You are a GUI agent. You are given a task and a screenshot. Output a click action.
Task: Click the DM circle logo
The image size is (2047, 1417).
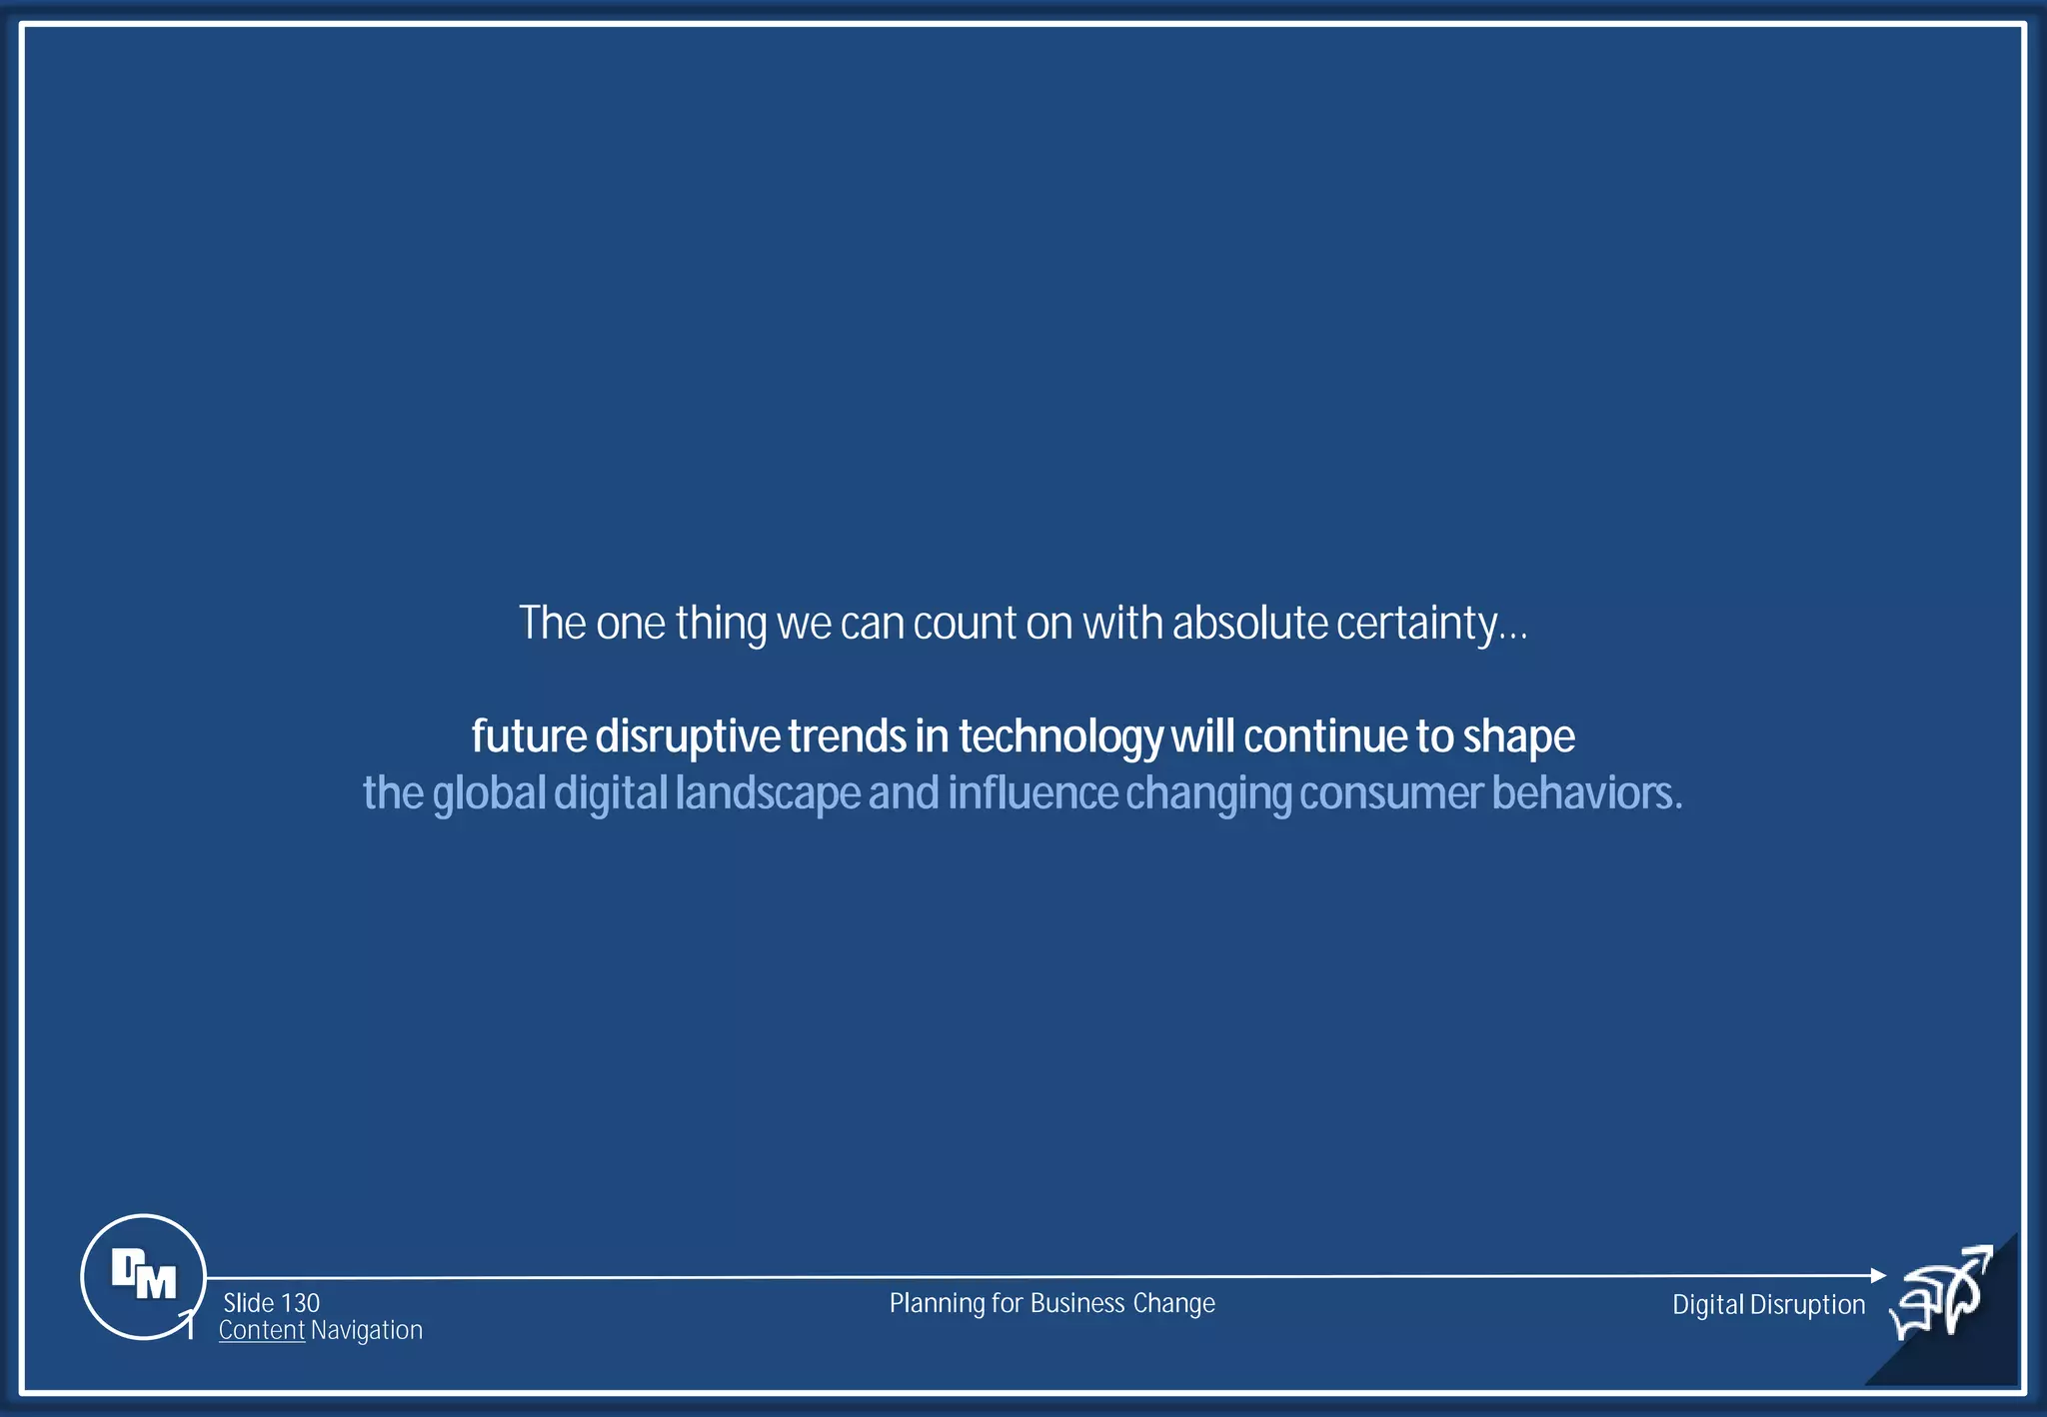click(144, 1276)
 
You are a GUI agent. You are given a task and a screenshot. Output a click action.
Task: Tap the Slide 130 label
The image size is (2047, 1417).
click(271, 1303)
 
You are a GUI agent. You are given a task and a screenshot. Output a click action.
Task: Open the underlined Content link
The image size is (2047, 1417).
click(261, 1331)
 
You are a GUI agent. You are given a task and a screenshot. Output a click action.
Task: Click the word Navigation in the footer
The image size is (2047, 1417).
click(367, 1331)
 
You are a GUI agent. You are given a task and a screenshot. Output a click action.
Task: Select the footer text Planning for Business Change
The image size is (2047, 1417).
click(1051, 1303)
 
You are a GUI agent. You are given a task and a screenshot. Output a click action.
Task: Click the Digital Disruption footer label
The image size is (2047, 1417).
click(1768, 1305)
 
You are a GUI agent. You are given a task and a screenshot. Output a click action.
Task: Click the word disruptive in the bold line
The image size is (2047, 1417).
click(688, 736)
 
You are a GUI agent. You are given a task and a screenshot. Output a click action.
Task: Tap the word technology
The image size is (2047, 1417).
click(1060, 737)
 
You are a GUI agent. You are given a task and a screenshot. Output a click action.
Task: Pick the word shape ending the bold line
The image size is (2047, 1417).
click(1518, 737)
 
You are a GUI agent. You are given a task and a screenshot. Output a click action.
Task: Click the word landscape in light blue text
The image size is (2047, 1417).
click(768, 794)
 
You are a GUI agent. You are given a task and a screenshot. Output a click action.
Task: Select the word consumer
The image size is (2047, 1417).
click(1390, 793)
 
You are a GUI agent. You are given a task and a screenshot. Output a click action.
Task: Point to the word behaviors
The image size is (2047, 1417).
click(1586, 793)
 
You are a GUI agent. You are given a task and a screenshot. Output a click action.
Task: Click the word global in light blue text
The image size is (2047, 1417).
click(489, 794)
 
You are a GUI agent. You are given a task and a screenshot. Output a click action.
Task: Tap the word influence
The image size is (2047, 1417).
click(1032, 793)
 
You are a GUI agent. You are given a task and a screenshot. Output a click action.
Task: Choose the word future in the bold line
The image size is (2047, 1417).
click(529, 736)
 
